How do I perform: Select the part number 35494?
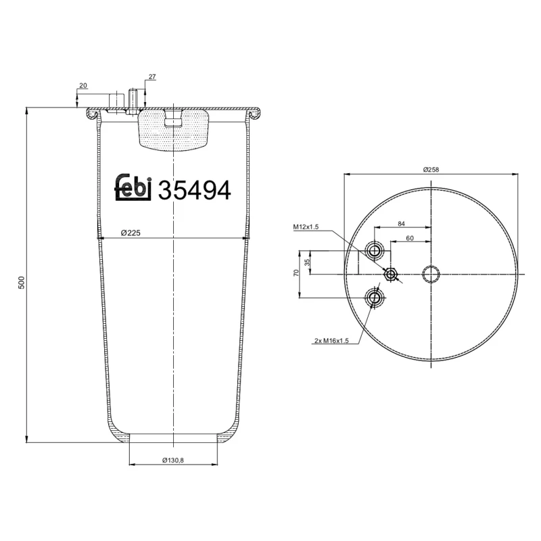point(194,191)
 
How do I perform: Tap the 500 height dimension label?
point(21,283)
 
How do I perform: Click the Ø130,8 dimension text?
point(174,460)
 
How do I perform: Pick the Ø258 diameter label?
point(431,169)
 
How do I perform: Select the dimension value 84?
point(401,223)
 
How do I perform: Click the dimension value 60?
point(410,238)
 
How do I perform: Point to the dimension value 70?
point(296,273)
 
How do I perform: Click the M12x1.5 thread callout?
point(306,227)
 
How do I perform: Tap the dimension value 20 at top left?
point(83,85)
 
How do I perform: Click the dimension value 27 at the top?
point(152,77)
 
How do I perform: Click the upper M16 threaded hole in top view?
point(374,252)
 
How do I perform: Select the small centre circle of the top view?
point(431,274)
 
